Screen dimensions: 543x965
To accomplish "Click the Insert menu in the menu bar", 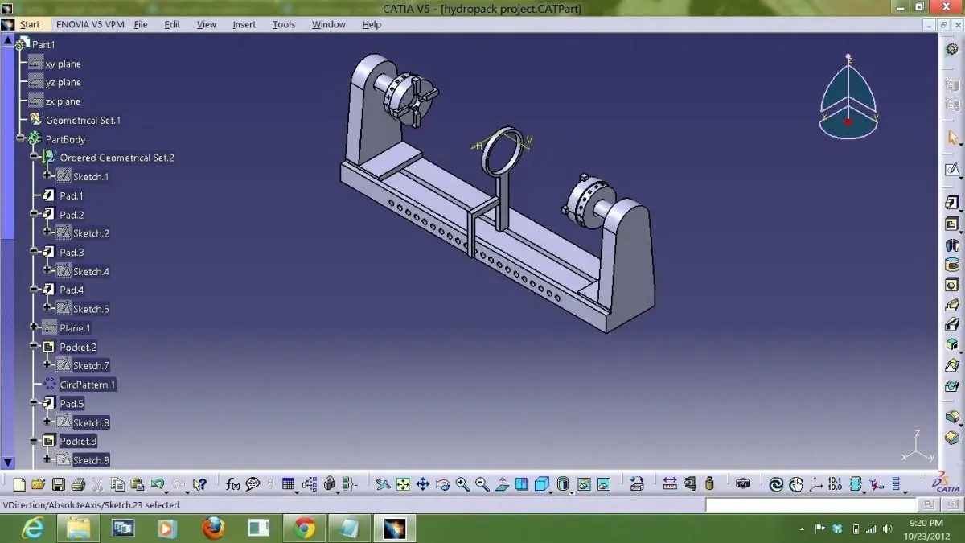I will coord(244,24).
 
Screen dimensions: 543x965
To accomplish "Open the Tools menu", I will coord(283,24).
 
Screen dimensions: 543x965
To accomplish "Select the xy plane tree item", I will coord(63,64).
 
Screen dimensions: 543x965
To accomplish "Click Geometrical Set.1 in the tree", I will coord(83,120).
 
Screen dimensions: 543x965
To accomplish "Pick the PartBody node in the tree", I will coord(65,139).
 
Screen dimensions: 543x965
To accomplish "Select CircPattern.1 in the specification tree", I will coord(87,385).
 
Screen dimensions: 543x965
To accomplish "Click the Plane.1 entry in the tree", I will coord(75,328).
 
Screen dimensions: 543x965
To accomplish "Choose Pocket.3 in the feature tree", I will coord(78,441).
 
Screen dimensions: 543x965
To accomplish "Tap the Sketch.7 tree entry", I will coord(91,366).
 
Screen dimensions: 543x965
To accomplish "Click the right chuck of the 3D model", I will coord(587,197).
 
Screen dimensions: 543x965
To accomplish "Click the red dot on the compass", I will coord(848,122).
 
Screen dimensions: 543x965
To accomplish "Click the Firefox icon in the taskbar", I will coord(213,528).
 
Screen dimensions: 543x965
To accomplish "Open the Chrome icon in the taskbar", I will coord(304,528).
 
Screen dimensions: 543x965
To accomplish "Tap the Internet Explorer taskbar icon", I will coord(33,528).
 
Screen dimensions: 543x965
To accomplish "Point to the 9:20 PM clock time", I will coord(926,523).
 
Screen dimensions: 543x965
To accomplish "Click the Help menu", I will coord(371,24).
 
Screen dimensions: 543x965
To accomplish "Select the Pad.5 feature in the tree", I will coord(72,404).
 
